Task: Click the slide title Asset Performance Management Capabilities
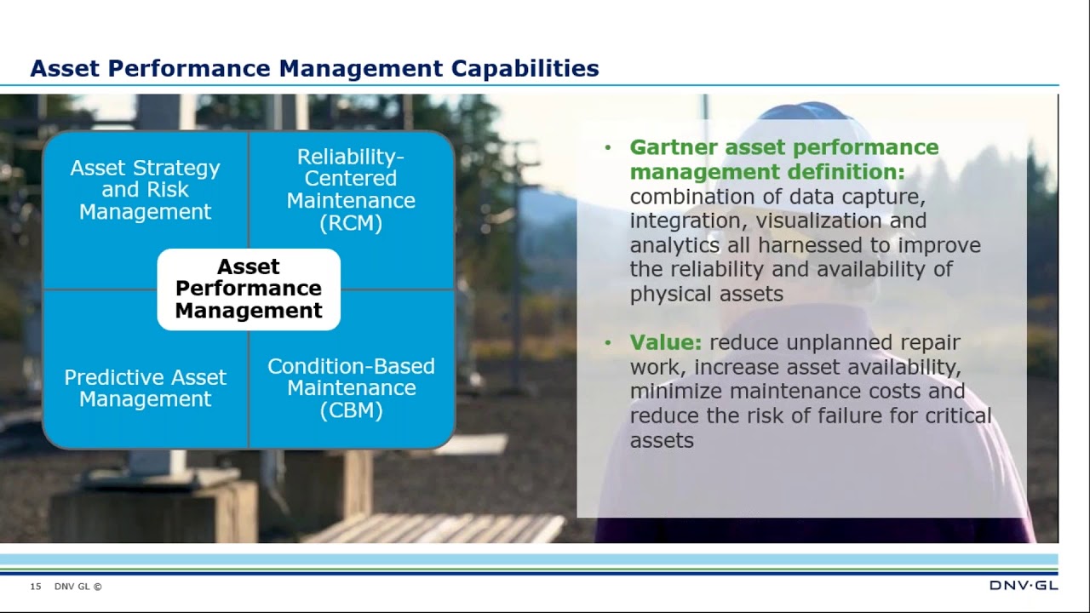pyautogui.click(x=314, y=68)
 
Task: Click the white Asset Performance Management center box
pyautogui.click(x=249, y=289)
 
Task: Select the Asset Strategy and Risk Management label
pyautogui.click(x=145, y=190)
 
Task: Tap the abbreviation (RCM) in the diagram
pyautogui.click(x=351, y=223)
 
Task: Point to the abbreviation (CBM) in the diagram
pyautogui.click(x=351, y=410)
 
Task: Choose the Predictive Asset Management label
pyautogui.click(x=145, y=388)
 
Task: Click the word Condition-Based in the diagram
pyautogui.click(x=351, y=366)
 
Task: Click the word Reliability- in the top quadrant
pyautogui.click(x=351, y=157)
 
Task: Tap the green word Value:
pyautogui.click(x=665, y=342)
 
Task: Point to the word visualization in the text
pyautogui.click(x=818, y=221)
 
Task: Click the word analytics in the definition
pyautogui.click(x=674, y=245)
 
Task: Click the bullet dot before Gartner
pyautogui.click(x=608, y=148)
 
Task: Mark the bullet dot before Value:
pyautogui.click(x=608, y=343)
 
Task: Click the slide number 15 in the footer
pyautogui.click(x=36, y=587)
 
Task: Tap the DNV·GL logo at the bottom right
pyautogui.click(x=1023, y=586)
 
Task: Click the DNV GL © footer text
pyautogui.click(x=77, y=587)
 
